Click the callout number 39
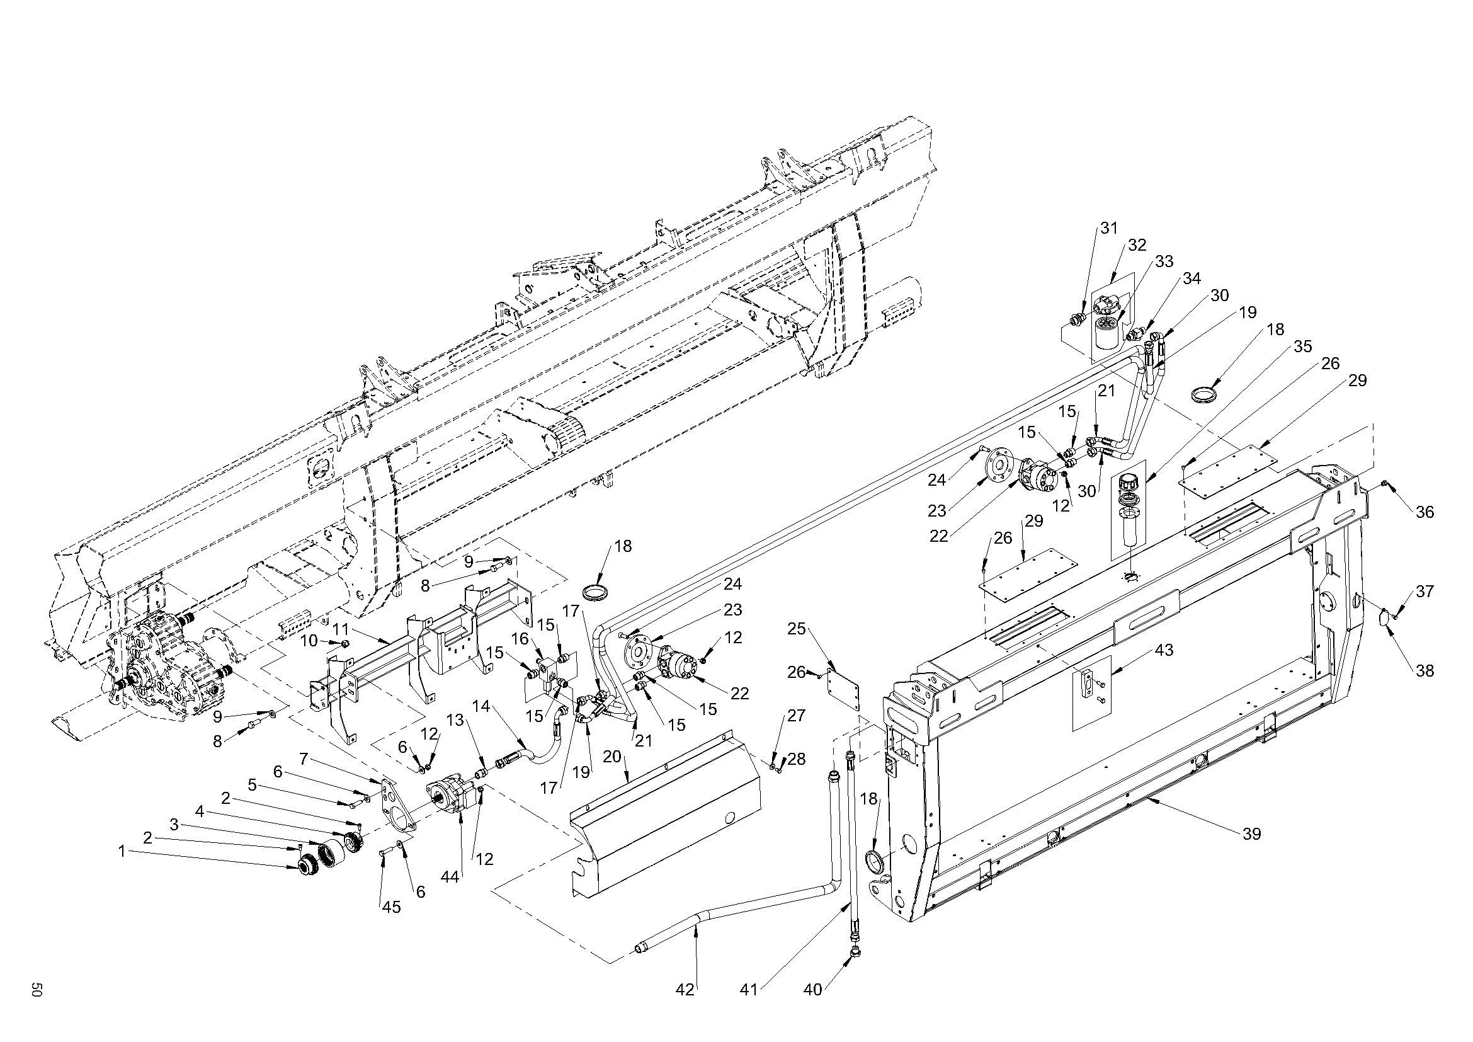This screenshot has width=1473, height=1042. (x=1252, y=834)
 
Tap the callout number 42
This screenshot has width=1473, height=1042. (x=685, y=990)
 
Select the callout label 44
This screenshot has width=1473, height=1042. (x=450, y=876)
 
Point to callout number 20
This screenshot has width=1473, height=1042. (x=613, y=757)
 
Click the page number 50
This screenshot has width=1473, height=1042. (x=37, y=989)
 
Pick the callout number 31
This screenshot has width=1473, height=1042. (x=1109, y=228)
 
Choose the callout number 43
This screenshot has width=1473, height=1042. (x=1164, y=650)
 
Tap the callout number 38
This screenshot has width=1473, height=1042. (x=1425, y=670)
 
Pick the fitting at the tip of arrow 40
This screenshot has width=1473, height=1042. (x=854, y=951)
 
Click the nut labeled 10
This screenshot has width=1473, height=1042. (x=344, y=643)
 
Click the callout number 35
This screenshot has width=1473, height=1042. (x=1302, y=346)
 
